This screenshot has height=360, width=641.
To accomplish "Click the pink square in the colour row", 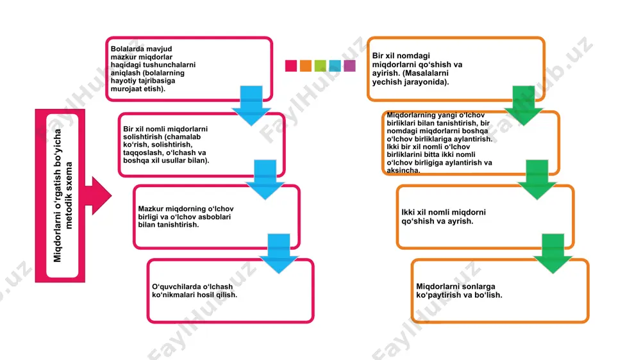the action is point(290,66).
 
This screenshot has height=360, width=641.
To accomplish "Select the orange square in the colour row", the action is point(305,66).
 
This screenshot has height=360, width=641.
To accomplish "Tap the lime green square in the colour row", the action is point(320,66).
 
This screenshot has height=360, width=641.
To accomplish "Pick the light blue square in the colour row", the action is point(335,66).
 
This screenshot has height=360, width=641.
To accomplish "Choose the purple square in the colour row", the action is point(349,66).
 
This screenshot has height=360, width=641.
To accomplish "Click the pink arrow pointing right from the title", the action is point(98,196).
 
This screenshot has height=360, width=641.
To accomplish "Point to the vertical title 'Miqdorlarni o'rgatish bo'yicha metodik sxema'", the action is point(63,195).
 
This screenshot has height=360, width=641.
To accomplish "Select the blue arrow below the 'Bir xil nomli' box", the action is point(265,179).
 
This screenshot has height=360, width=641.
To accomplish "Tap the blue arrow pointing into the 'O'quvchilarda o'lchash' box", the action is point(279,254).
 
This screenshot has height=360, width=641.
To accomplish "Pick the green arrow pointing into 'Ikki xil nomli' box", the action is point(537,179).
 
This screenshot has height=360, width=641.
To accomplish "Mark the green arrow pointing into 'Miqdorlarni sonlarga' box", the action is point(553,254).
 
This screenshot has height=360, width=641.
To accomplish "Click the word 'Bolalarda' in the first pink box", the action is point(126,49).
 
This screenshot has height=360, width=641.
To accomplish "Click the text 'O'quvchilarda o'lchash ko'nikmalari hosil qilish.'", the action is point(194,291).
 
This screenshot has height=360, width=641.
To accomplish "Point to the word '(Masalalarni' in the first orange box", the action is point(426,73).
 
